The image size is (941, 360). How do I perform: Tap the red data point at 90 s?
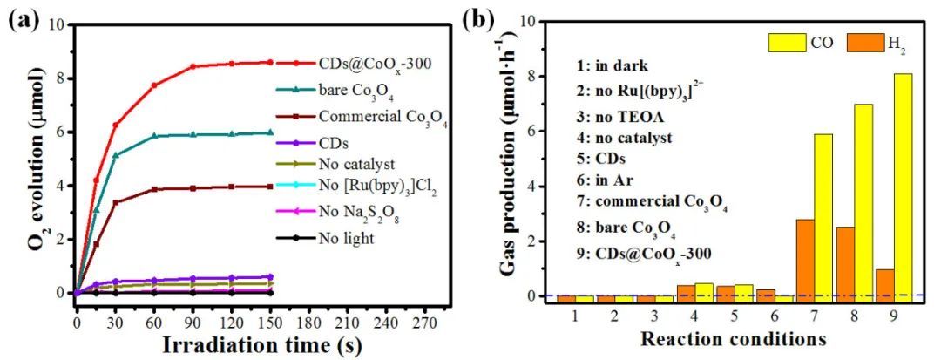coord(193,66)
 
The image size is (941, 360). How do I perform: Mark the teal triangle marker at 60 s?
coord(154,136)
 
